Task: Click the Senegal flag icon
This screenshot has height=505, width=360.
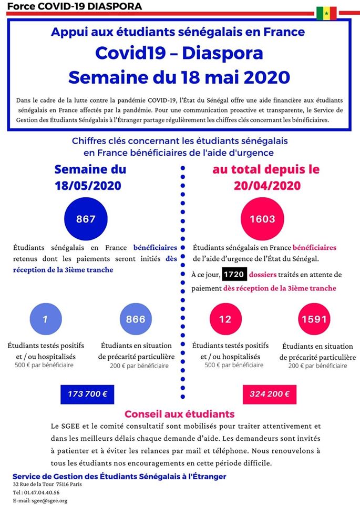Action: [326, 13]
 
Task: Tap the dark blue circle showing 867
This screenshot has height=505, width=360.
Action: [86, 219]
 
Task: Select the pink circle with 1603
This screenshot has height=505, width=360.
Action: [263, 219]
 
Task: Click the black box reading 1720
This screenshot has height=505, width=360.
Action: [234, 275]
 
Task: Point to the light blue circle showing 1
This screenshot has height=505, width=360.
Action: [45, 319]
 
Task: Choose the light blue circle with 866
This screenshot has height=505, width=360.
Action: [136, 319]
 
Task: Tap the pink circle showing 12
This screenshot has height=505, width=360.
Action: [225, 319]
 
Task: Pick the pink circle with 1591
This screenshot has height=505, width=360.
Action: [314, 319]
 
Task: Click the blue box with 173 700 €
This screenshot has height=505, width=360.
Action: [87, 394]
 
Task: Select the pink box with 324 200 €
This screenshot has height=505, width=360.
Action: [270, 394]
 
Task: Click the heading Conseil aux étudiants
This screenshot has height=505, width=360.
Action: [180, 414]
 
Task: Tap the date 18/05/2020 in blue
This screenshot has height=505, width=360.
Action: [88, 186]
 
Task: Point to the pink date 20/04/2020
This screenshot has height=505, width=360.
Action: [267, 186]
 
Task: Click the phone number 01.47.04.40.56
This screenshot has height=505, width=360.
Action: [42, 493]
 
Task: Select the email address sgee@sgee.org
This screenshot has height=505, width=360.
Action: [49, 501]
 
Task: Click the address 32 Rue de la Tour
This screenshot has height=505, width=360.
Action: [31, 484]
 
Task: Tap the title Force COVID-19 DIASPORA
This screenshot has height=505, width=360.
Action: [74, 6]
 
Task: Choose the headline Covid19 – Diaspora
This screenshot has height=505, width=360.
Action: [179, 53]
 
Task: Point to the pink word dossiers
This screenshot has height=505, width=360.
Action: [263, 275]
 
